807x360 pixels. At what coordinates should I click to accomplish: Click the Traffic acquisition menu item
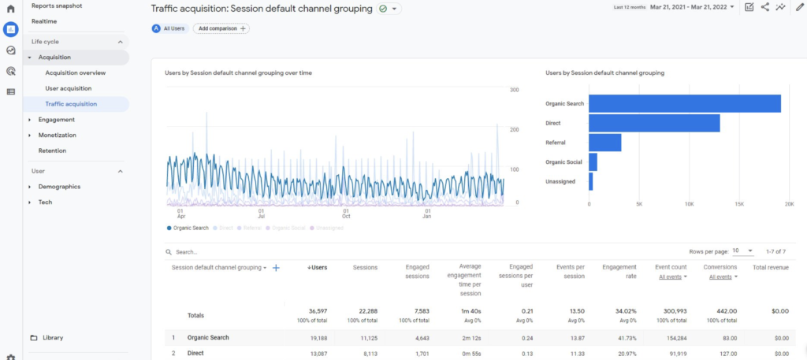[71, 104]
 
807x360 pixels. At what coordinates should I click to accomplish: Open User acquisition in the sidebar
[69, 88]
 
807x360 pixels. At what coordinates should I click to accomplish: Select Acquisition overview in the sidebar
[76, 72]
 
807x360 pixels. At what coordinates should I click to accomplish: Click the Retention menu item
[52, 150]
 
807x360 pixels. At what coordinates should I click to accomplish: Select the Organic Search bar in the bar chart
[684, 104]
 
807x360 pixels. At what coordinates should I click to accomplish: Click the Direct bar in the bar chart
[654, 123]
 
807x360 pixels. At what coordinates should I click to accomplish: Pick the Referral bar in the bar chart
[604, 143]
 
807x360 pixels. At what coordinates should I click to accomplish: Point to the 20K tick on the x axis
[789, 204]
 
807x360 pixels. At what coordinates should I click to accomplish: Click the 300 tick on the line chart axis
[514, 91]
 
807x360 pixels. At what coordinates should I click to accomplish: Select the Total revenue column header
[770, 267]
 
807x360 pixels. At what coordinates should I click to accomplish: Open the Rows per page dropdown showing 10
[742, 251]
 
